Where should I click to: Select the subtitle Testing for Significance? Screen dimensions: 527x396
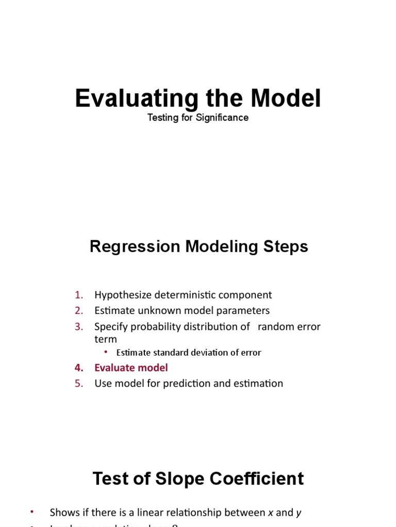point(198,118)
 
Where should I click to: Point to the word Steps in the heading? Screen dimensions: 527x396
point(285,247)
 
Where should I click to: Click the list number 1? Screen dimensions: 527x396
point(78,295)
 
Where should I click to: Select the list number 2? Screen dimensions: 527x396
point(78,311)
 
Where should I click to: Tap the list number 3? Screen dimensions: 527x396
point(78,327)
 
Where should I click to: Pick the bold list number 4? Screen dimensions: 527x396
point(78,368)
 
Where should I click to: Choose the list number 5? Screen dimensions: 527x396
point(78,383)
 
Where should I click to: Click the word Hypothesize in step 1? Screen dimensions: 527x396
point(122,295)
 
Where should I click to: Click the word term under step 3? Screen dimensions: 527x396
point(106,339)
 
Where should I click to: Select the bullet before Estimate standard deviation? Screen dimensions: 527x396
point(106,352)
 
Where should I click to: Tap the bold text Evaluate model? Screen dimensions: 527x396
point(131,368)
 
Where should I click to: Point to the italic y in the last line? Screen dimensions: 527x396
point(299,513)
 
